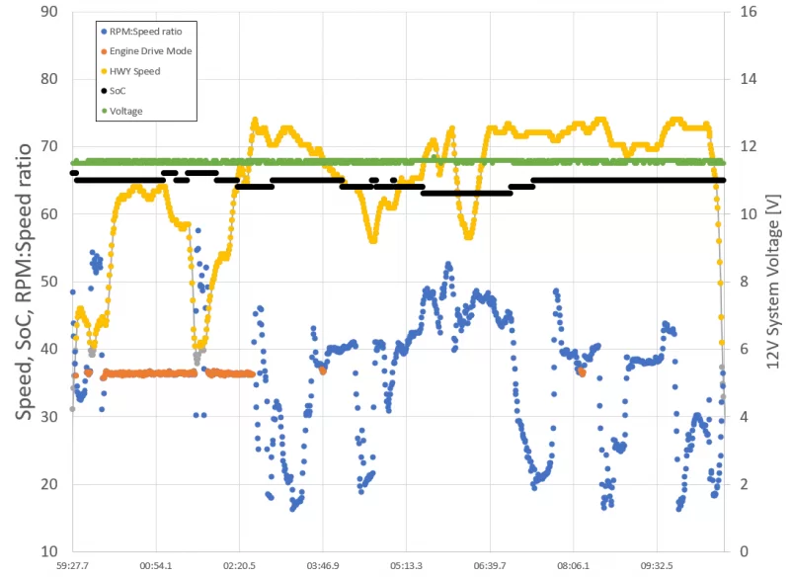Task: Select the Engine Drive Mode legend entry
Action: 149,51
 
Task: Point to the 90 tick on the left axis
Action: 47,13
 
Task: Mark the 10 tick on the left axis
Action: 47,550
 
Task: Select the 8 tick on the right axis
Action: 743,282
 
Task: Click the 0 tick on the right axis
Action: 743,550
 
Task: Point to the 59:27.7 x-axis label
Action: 73,567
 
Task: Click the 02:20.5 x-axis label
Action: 240,567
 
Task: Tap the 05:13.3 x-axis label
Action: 407,567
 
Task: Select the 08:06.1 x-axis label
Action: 573,567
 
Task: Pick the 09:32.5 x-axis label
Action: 657,567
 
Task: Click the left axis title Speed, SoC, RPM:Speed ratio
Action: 21,282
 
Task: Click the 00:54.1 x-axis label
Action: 156,567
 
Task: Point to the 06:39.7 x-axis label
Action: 490,567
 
